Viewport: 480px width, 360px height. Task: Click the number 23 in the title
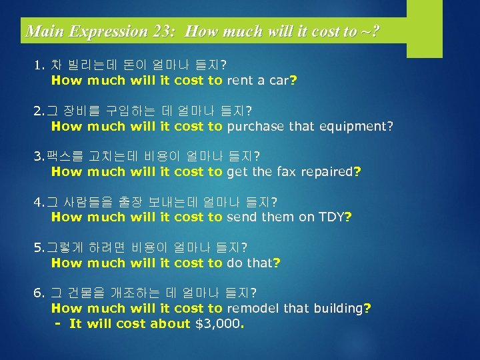click(162, 31)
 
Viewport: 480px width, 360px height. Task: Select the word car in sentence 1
click(279, 81)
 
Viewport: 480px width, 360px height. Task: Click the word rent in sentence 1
click(241, 81)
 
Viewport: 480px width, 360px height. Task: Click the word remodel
click(253, 308)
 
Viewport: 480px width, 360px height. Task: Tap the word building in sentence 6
click(338, 308)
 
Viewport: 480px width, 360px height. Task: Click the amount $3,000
click(219, 324)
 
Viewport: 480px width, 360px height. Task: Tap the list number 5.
click(38, 247)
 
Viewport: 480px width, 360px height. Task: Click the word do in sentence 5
click(234, 263)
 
